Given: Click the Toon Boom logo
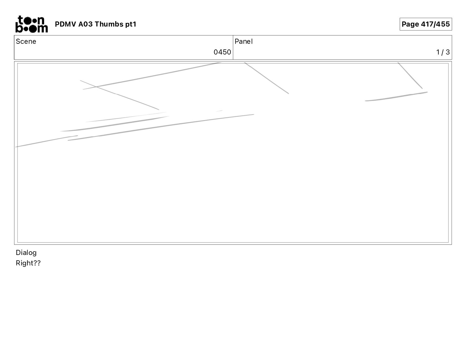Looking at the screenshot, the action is tap(31, 24).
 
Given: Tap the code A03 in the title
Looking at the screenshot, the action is tap(85, 24).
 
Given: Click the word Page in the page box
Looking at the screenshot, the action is tap(410, 24).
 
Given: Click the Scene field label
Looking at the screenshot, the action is tap(26, 42).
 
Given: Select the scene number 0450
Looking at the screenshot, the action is tap(222, 52).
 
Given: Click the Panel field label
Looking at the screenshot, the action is tap(243, 42).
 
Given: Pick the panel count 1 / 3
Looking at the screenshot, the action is tap(443, 52).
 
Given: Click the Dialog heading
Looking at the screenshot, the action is tap(26, 253).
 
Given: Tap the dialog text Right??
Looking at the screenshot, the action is tap(28, 263).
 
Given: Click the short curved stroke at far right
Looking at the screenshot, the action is tap(396, 97).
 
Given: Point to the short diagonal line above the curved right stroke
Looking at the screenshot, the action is tap(410, 75).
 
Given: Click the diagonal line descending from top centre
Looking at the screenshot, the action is tap(267, 78).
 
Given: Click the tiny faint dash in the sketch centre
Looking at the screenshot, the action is tap(219, 111).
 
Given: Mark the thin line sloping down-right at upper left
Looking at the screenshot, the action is tap(119, 95).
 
